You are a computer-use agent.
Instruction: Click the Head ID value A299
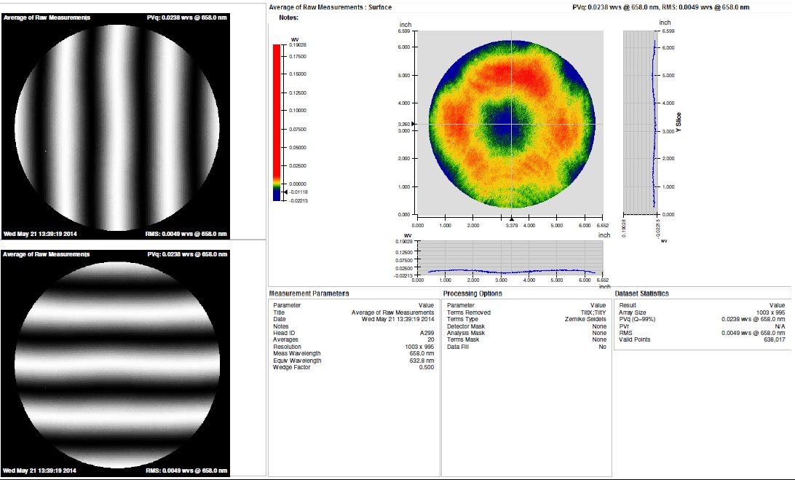427,333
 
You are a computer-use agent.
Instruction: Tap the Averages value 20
430,339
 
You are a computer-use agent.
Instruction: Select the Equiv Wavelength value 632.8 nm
421,360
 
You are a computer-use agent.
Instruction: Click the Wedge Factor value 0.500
425,367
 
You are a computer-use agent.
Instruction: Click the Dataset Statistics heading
642,294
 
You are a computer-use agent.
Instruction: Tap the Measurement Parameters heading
309,294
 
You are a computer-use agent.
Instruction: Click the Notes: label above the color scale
288,17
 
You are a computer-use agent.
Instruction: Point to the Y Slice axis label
679,122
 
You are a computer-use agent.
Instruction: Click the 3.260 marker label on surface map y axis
404,125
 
